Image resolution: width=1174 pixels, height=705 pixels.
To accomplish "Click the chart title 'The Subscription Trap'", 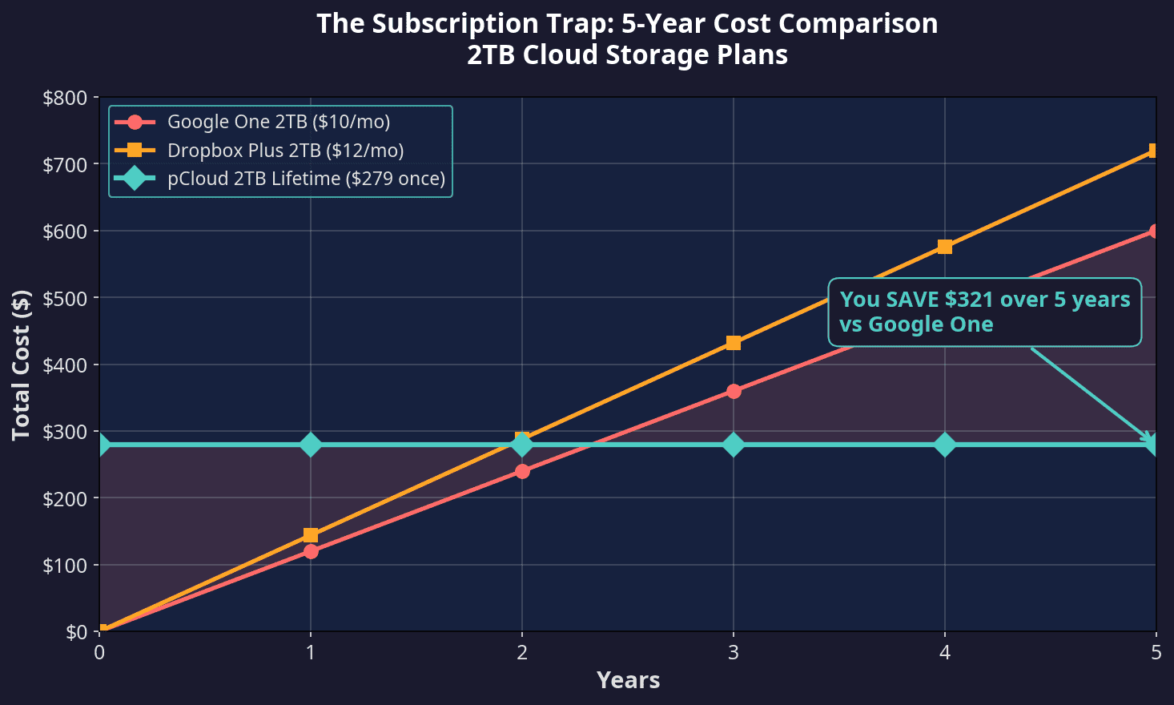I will (x=627, y=24).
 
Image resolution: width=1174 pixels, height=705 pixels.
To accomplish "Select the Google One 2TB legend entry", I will (x=279, y=122).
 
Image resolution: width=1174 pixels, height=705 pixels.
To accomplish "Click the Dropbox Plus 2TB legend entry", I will (x=285, y=150).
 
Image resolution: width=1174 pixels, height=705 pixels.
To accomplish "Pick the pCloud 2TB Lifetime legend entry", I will (x=306, y=178).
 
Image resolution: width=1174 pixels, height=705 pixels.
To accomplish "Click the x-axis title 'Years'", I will (x=628, y=680).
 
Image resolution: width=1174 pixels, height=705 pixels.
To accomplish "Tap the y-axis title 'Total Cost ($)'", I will (x=22, y=365).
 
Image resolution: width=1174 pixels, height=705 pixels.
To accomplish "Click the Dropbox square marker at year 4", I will (x=945, y=247).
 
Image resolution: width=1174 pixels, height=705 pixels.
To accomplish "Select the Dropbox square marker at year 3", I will (x=734, y=343).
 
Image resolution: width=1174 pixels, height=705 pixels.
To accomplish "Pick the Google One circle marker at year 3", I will (x=734, y=391).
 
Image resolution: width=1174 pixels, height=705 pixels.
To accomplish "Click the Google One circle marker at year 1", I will (x=311, y=551).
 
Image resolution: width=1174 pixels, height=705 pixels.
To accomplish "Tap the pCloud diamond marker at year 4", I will (x=945, y=445).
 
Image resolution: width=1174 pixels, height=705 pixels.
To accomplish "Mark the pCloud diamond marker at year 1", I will (x=311, y=445).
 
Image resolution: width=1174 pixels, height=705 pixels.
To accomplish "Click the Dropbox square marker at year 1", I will (x=311, y=535).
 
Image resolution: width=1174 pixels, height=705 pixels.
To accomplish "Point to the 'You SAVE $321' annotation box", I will (x=984, y=312).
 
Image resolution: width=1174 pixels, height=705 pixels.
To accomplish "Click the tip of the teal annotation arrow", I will (x=1154, y=443).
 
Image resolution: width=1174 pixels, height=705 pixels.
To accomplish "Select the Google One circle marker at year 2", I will (x=522, y=471).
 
